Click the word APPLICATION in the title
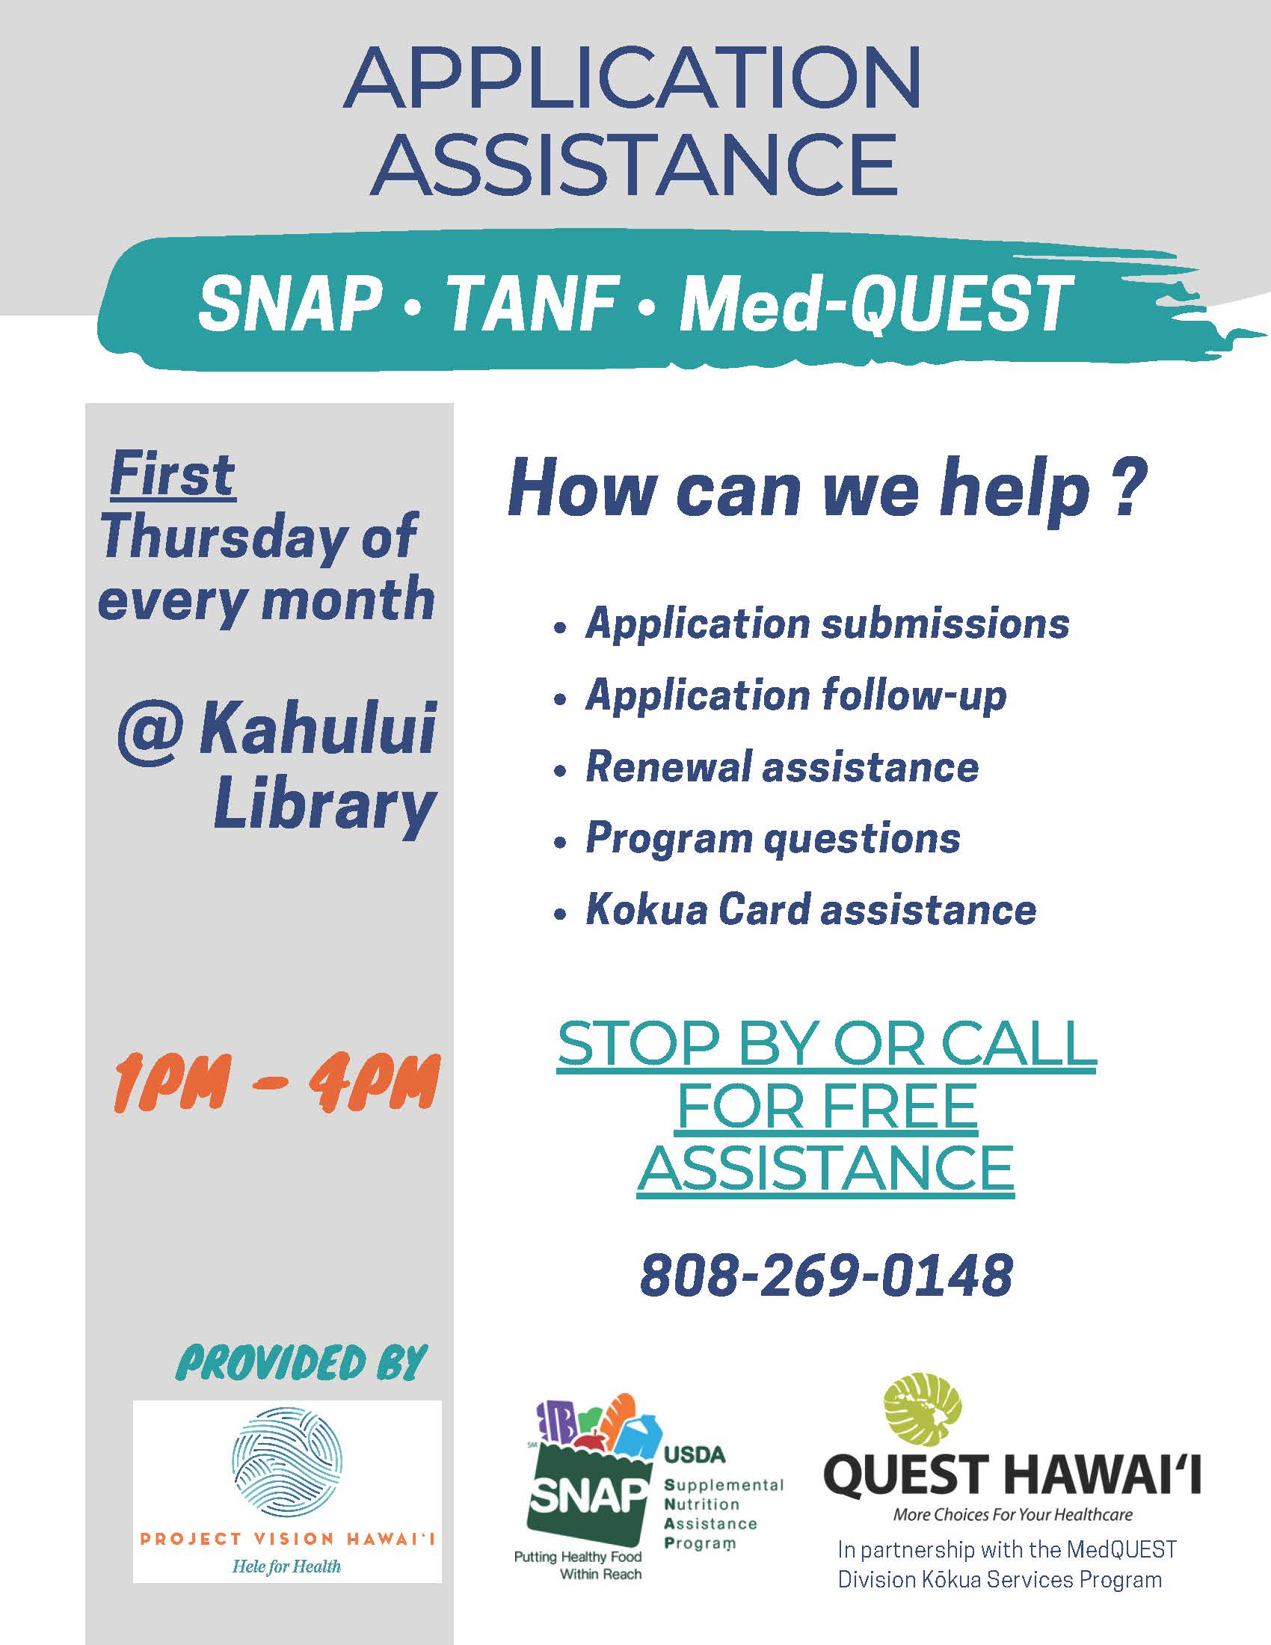[633, 79]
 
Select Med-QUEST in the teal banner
[874, 304]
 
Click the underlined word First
[173, 476]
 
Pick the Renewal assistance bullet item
[781, 767]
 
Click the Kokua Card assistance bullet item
[810, 910]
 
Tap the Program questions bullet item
[772, 838]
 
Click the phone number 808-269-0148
[826, 1276]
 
